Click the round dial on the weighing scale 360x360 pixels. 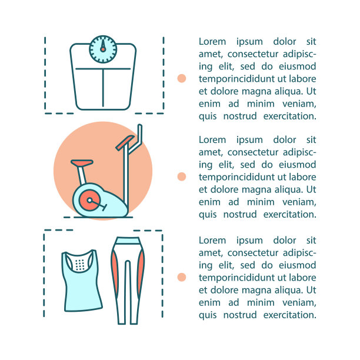(103, 49)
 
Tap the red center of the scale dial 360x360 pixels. (103, 49)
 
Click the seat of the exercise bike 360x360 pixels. (82, 163)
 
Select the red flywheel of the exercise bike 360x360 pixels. (89, 200)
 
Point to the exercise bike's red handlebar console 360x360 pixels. (125, 142)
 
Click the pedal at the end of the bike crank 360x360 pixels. (105, 208)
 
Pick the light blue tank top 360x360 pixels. (82, 281)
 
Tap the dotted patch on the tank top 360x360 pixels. (79, 265)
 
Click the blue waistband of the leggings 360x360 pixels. (128, 241)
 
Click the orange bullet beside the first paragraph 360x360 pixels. (182, 78)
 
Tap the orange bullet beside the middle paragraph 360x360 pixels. (182, 176)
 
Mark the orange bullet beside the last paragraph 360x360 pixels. (182, 277)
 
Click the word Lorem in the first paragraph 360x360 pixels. (212, 42)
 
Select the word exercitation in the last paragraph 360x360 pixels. (289, 315)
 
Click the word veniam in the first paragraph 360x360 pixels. (299, 104)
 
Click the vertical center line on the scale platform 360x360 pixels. (103, 88)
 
